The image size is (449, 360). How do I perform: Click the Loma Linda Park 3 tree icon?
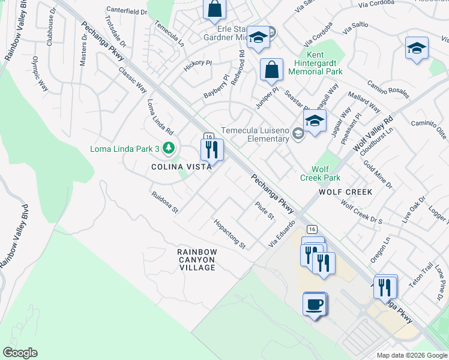[170, 148]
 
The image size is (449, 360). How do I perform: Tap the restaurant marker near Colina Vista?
[212, 149]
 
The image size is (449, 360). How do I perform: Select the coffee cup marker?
[315, 304]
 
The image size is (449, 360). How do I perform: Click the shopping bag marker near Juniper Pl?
[272, 69]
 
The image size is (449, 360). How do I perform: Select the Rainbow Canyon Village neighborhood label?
[196, 259]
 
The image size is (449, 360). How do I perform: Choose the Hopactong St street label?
[230, 234]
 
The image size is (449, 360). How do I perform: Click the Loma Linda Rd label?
[160, 116]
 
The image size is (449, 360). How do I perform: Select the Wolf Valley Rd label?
[373, 133]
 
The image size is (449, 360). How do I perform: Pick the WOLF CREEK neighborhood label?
[345, 192]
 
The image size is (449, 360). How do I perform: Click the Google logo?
[20, 353]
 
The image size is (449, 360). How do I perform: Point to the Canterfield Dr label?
[127, 11]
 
